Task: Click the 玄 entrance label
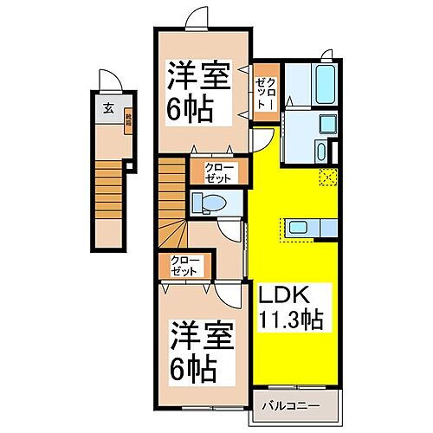tap(109, 107)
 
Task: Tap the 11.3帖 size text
tap(289, 319)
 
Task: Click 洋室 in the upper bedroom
tap(198, 76)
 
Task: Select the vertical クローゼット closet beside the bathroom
tap(264, 88)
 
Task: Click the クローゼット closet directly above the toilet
tap(219, 171)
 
